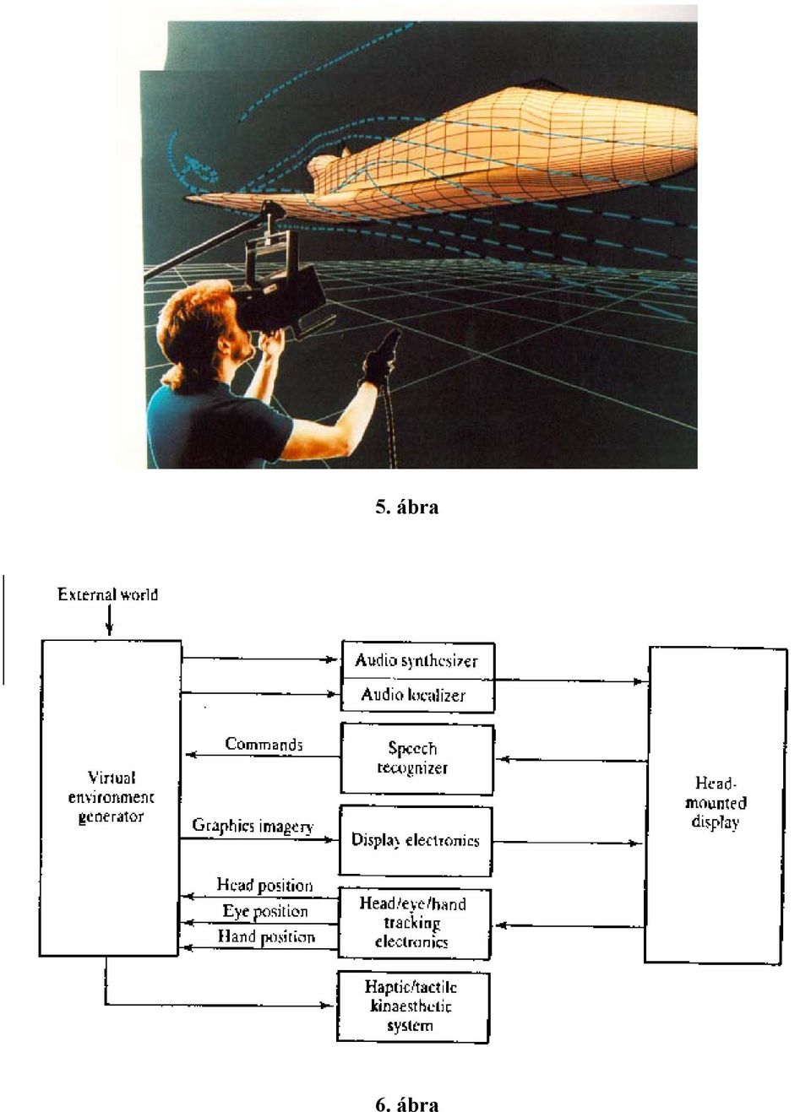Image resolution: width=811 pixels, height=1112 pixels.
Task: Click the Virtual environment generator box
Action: click(x=110, y=797)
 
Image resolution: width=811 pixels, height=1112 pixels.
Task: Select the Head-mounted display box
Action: click(x=716, y=804)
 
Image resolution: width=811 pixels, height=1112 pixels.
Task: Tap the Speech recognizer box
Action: click(x=416, y=759)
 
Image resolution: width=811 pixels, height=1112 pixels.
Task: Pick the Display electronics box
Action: click(x=416, y=840)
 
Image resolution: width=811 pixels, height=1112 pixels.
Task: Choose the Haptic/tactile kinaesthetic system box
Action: click(x=413, y=1007)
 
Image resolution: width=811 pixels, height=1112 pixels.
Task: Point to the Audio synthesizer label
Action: click(x=416, y=661)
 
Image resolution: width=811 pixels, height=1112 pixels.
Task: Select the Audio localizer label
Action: click(x=413, y=695)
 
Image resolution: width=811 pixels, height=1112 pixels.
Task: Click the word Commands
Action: click(x=264, y=744)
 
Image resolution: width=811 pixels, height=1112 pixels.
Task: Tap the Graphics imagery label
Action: click(x=253, y=826)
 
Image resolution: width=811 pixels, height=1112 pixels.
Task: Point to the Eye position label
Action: click(x=265, y=911)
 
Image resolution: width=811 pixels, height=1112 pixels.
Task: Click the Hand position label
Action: click(x=266, y=936)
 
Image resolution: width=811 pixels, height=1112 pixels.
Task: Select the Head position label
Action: click(x=264, y=885)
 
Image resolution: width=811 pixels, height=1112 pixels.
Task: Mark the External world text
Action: click(x=108, y=594)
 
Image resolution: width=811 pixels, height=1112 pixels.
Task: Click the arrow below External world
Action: click(x=109, y=621)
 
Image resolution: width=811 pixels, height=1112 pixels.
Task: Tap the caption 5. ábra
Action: click(x=406, y=507)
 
